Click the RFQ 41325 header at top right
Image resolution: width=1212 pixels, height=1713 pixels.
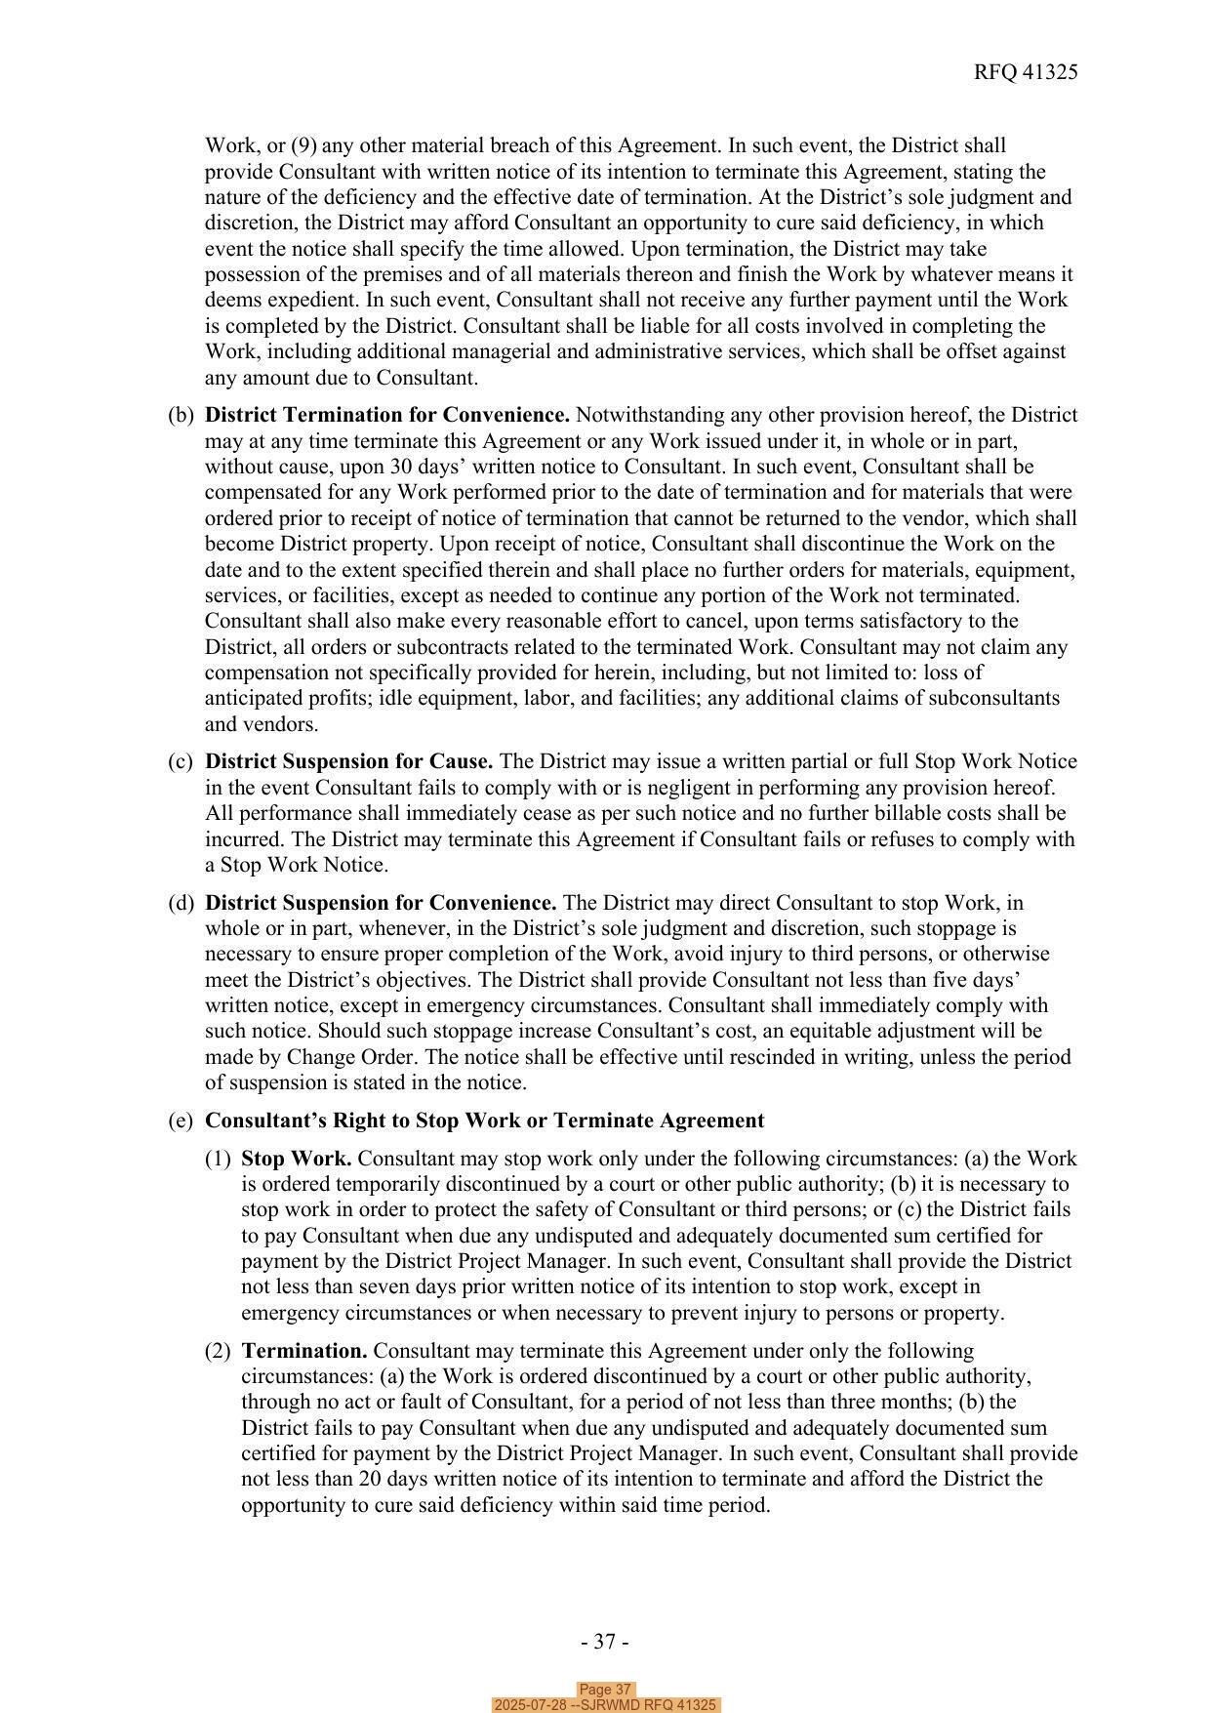pyautogui.click(x=1025, y=72)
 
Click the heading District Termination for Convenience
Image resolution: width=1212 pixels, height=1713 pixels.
pyautogui.click(x=387, y=415)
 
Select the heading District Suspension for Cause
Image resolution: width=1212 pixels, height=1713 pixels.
pyautogui.click(x=348, y=761)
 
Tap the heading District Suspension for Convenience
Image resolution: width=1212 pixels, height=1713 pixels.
pyautogui.click(x=381, y=903)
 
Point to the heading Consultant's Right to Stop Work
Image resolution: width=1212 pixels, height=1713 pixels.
pyautogui.click(x=484, y=1121)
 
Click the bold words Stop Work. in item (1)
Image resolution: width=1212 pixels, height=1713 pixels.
pyautogui.click(x=296, y=1159)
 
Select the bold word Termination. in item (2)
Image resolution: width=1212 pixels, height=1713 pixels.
pyautogui.click(x=303, y=1351)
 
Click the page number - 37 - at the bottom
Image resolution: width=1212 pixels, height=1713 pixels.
pyautogui.click(x=605, y=1642)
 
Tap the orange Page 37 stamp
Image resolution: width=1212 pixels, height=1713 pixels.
pyautogui.click(x=605, y=1690)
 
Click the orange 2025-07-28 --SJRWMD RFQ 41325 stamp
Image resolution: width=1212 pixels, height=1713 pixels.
pyautogui.click(x=605, y=1705)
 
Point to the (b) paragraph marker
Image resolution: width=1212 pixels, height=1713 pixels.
pyautogui.click(x=181, y=415)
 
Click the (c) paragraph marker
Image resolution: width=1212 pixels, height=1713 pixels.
pyautogui.click(x=181, y=761)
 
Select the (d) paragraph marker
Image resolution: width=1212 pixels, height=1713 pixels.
pyautogui.click(x=181, y=903)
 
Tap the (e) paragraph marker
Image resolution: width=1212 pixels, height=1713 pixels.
pyautogui.click(x=181, y=1121)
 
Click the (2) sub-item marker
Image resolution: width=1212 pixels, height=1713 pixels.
pyautogui.click(x=218, y=1351)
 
